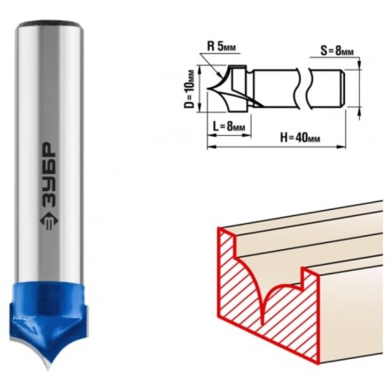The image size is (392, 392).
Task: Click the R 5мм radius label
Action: [221, 46]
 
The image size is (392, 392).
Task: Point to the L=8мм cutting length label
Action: [229, 126]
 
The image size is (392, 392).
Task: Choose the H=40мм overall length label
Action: [300, 138]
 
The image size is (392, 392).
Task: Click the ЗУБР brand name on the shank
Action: [48, 175]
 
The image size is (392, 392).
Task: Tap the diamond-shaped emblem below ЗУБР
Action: [49, 220]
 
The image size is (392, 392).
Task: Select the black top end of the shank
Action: [50, 23]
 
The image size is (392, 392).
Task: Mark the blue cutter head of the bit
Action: [48, 316]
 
